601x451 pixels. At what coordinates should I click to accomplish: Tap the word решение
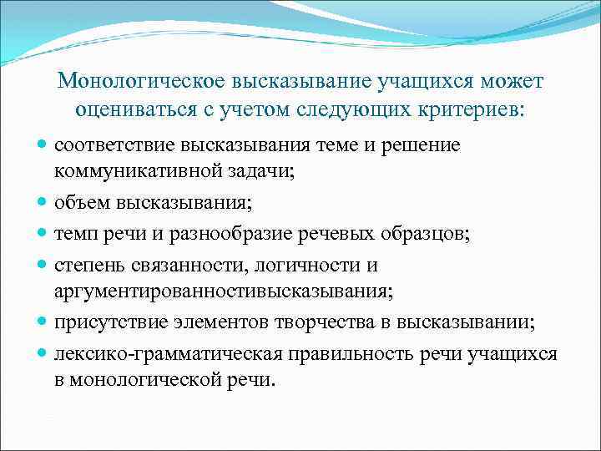pos(417,146)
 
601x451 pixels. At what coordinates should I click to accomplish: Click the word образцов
pos(426,234)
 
